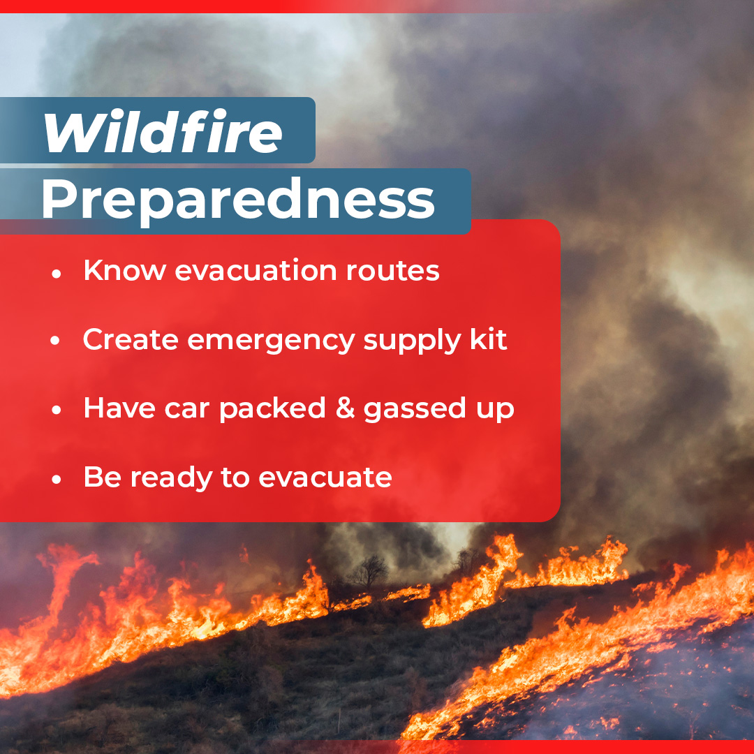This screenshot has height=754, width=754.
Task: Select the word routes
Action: coord(393,271)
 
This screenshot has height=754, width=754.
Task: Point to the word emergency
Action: coord(271,341)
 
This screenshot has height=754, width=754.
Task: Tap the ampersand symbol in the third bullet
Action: coord(346,408)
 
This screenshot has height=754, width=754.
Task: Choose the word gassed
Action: coord(415,410)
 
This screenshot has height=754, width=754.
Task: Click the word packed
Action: coord(273,409)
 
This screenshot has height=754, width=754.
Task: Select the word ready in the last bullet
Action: coord(171,478)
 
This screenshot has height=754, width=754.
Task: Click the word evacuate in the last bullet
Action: coord(325,478)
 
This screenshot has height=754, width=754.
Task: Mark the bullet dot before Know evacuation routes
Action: coord(57,274)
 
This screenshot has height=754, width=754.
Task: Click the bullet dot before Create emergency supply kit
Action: coord(55,341)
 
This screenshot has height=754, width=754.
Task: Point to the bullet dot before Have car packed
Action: coord(57,411)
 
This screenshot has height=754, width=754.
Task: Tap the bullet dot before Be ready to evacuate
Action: coord(57,480)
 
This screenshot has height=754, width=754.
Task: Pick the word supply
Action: coord(412,341)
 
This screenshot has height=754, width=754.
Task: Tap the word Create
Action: coord(131,339)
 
